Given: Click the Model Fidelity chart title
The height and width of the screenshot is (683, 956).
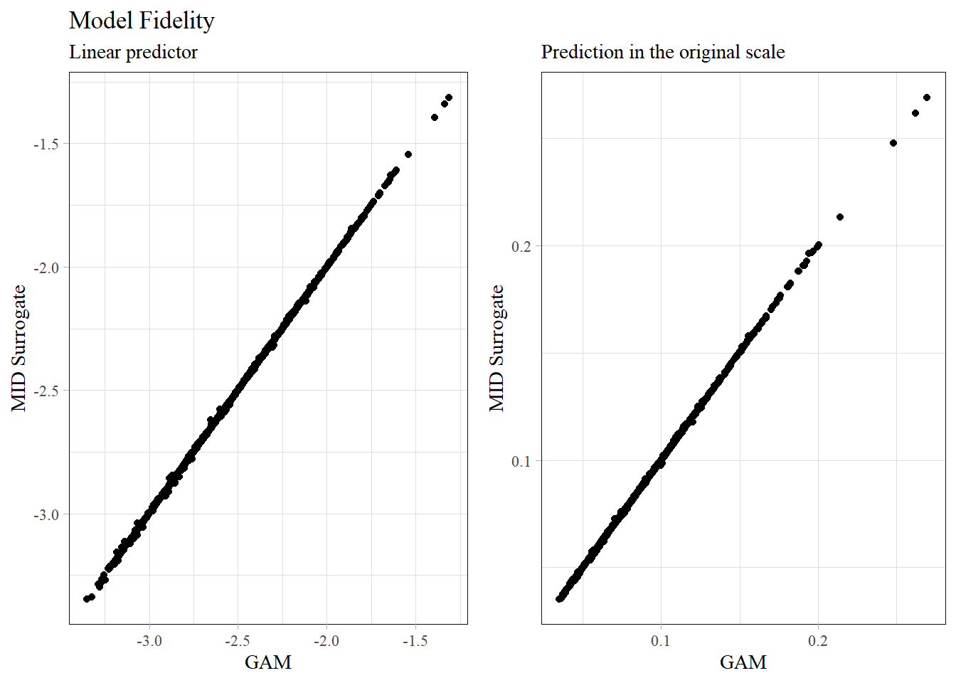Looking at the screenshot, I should tap(142, 21).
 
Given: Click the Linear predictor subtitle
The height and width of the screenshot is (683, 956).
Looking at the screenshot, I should tap(133, 52).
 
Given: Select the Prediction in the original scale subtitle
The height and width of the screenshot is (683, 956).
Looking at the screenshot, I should tap(662, 52).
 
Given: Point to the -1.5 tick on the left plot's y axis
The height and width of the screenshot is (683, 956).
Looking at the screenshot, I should tap(46, 144).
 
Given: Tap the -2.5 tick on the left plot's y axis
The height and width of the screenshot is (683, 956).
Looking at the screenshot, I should tap(46, 391).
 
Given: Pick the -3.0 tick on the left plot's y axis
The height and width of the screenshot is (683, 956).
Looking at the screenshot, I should tap(46, 514).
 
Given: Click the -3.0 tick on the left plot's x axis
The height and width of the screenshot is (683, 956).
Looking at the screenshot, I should tap(149, 641).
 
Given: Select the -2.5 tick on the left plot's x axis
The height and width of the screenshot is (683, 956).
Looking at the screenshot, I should tap(238, 641).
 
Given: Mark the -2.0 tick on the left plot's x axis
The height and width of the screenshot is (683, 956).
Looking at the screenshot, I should tap(326, 641).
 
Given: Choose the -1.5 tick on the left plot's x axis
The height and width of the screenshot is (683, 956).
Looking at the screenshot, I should tap(415, 641).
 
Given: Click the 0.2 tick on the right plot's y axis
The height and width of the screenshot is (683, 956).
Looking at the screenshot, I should tap(521, 246).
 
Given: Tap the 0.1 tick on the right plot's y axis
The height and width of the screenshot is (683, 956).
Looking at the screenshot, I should tap(521, 461).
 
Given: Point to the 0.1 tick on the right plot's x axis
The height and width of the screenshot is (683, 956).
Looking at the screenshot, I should tap(661, 641).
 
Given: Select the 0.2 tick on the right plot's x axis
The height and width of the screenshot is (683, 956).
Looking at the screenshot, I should tap(818, 641).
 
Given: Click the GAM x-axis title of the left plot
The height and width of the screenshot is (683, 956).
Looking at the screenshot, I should tap(268, 662).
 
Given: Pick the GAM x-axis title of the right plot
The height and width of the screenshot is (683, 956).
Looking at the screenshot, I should tap(743, 662).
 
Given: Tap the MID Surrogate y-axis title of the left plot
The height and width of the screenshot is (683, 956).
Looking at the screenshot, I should tap(18, 348).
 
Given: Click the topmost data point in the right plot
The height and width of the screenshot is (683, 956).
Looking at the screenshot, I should tap(927, 97).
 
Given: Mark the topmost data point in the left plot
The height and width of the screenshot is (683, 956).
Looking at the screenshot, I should tap(449, 97).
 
